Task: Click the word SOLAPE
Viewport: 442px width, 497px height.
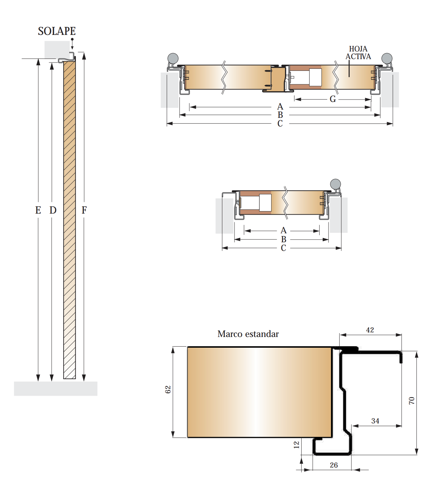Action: tap(57, 31)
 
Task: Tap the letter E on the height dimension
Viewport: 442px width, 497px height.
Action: tap(38, 210)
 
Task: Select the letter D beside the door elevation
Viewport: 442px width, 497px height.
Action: tap(53, 210)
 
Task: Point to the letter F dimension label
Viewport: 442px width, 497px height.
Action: tap(84, 210)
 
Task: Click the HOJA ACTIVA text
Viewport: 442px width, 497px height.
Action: tap(358, 53)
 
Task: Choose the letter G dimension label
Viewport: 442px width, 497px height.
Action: tap(333, 100)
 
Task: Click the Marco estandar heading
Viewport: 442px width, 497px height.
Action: tap(248, 334)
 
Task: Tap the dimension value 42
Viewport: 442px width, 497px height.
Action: tap(370, 330)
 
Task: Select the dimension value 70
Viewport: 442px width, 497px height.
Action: tap(412, 401)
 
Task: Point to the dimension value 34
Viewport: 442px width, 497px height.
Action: tap(375, 421)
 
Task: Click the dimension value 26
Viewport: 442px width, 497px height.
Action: tap(334, 465)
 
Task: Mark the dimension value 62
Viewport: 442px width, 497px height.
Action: tap(168, 390)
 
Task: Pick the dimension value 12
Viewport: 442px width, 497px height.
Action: tap(296, 445)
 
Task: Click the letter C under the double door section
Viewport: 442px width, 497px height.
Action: tap(280, 124)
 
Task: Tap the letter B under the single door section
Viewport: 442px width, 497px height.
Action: tap(284, 239)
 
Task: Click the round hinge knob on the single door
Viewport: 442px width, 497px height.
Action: tap(335, 184)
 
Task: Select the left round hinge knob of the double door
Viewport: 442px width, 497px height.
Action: tap(173, 58)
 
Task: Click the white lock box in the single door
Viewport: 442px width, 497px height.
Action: tap(265, 203)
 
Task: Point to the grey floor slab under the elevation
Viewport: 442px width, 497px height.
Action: tap(56, 388)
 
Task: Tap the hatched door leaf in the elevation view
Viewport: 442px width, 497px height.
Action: tap(70, 220)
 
